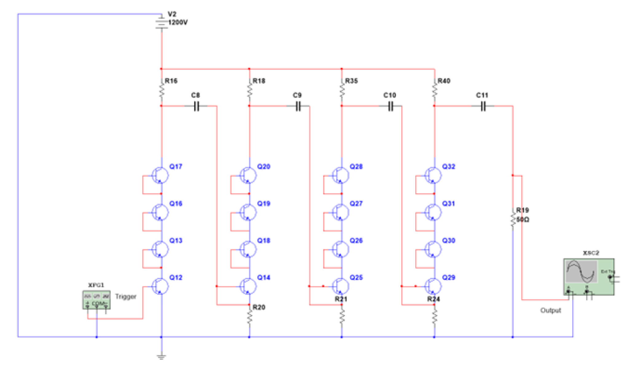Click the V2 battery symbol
click(x=162, y=22)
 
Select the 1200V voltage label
click(x=178, y=22)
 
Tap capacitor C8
click(x=196, y=106)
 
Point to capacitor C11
click(x=483, y=106)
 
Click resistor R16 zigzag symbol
click(x=162, y=90)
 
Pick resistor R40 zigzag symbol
click(x=434, y=90)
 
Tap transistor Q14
click(x=248, y=286)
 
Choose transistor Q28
click(x=341, y=176)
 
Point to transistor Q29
click(x=433, y=286)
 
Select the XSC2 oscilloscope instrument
click(x=589, y=277)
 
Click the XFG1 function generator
click(x=97, y=300)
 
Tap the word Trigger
click(x=125, y=297)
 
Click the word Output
click(x=550, y=310)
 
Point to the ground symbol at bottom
click(x=161, y=357)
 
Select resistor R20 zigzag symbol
click(x=250, y=317)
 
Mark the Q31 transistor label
click(x=448, y=203)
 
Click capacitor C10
click(x=390, y=106)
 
